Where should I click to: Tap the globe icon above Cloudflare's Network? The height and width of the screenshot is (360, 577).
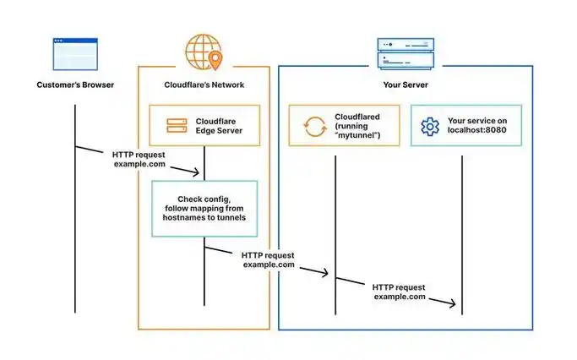(x=204, y=50)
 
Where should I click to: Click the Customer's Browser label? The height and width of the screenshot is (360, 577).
(x=74, y=85)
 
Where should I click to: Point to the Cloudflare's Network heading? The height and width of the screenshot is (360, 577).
(x=204, y=85)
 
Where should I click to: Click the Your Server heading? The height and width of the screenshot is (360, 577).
(x=406, y=85)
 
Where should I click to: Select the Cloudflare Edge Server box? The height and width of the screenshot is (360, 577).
(x=204, y=125)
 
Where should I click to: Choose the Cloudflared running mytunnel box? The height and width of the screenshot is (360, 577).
(x=344, y=126)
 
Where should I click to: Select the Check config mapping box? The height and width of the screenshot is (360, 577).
(x=204, y=208)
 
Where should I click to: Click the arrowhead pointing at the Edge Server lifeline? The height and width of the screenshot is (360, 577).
(x=199, y=173)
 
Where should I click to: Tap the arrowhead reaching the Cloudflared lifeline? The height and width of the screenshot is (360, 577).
(x=328, y=274)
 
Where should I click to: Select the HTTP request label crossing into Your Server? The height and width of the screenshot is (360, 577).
(x=268, y=259)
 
